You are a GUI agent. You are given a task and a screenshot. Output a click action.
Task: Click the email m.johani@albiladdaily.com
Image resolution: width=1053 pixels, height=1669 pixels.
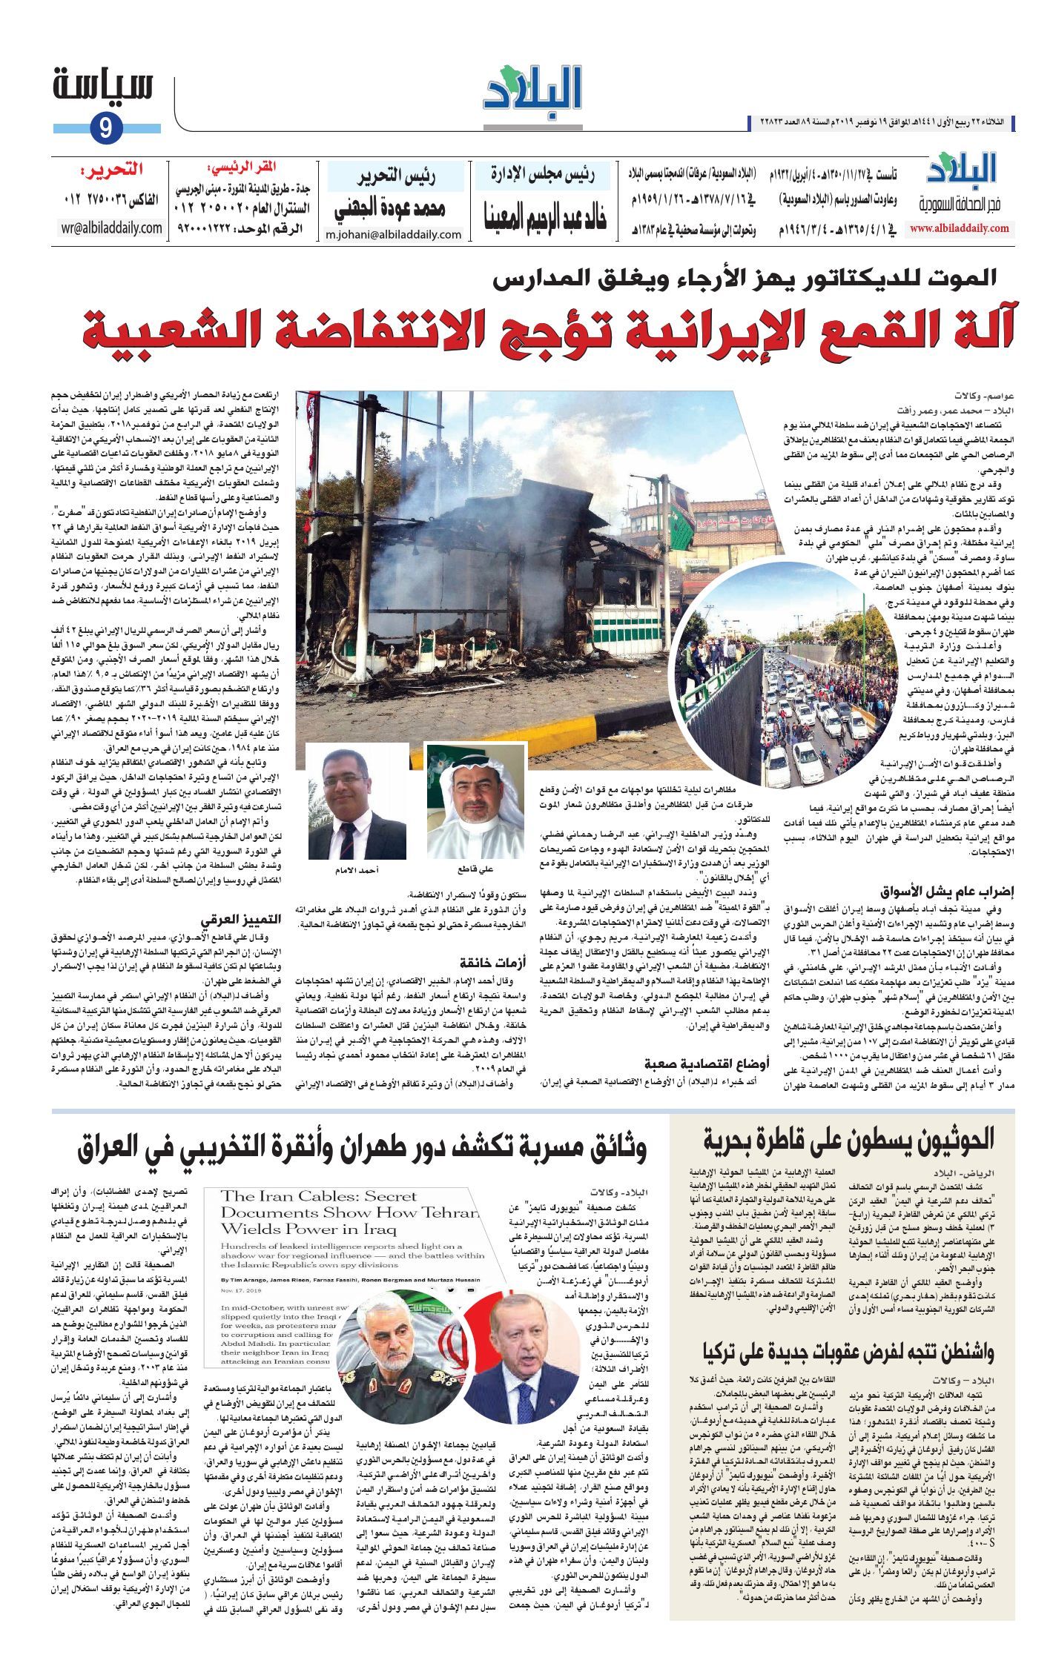(394, 235)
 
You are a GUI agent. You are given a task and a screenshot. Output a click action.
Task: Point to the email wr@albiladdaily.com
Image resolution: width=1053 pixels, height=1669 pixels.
(113, 228)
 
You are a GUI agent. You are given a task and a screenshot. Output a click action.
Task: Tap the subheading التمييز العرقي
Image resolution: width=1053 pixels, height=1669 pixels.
(244, 920)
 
